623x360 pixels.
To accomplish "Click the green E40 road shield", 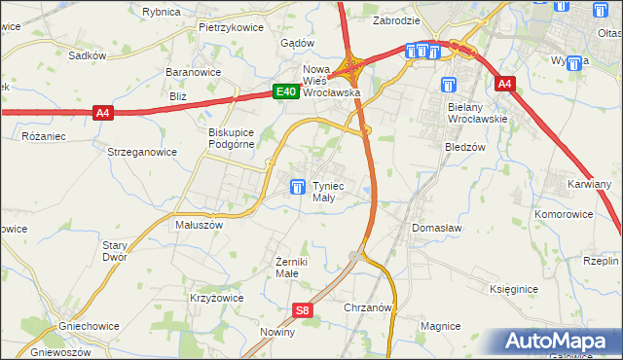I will point(284,91).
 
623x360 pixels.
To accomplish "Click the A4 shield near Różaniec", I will point(104,113).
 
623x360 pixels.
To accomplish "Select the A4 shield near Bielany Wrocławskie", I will point(503,85).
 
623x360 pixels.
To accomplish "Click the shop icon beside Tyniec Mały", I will point(297,186).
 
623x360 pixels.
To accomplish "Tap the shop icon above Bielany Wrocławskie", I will point(448,85).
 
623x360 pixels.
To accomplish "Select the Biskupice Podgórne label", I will point(231,138).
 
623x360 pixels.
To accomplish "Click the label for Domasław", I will point(435,227).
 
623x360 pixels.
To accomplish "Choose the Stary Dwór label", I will point(115,251).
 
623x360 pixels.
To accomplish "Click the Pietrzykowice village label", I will point(231,27).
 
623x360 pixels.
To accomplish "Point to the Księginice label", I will point(515,290).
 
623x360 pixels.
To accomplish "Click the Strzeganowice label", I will point(141,152).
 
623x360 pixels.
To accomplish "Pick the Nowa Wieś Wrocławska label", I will point(332,81).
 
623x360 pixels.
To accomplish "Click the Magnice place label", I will point(439,326).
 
